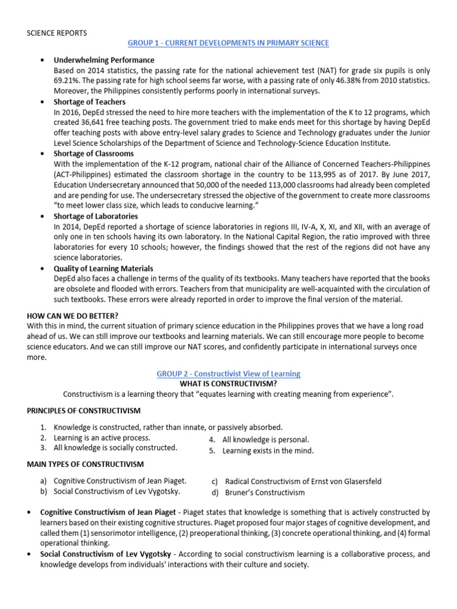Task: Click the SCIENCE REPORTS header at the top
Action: click(57, 32)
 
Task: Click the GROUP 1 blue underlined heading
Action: click(228, 43)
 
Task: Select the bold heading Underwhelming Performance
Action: click(104, 60)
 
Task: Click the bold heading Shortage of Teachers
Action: click(89, 102)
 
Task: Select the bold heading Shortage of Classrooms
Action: click(93, 153)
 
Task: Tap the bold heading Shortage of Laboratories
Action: click(96, 216)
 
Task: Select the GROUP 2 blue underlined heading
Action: click(228, 373)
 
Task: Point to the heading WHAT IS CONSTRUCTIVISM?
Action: click(228, 384)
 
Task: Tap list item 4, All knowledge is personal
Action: click(265, 440)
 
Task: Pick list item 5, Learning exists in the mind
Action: click(268, 451)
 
